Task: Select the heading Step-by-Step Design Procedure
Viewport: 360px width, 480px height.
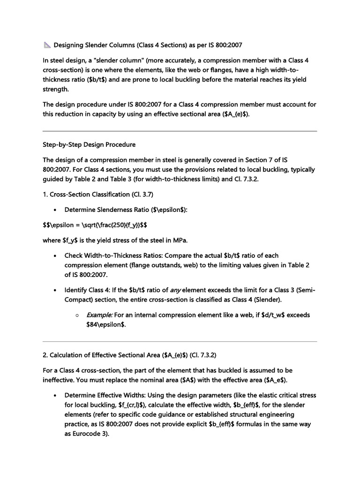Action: click(89, 144)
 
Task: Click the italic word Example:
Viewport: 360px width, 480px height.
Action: click(98, 315)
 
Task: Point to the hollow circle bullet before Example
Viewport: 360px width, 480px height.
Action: click(76, 315)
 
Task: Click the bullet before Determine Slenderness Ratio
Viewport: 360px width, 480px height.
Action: click(56, 210)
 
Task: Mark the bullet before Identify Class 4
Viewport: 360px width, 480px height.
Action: click(56, 290)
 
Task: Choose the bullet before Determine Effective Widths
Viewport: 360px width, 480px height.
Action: click(56, 395)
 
